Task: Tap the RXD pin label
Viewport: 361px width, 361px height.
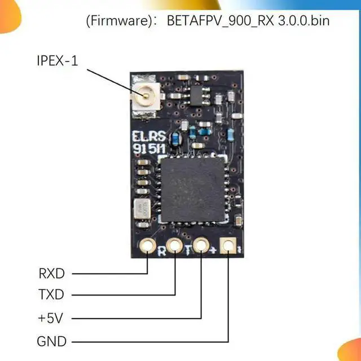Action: tap(52, 274)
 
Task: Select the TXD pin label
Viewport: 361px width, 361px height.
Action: tap(52, 295)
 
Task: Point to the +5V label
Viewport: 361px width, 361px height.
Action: tap(51, 318)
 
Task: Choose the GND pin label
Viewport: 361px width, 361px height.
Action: tap(52, 341)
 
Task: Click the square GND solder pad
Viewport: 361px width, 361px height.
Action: tap(228, 246)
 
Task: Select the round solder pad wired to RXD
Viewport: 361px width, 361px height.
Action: tap(148, 246)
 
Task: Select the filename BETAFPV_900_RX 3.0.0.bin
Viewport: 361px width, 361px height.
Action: tap(248, 22)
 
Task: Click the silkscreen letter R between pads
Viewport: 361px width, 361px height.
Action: tap(162, 251)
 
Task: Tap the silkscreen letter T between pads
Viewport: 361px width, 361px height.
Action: tap(188, 251)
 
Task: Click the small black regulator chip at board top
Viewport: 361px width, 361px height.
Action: tap(195, 98)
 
